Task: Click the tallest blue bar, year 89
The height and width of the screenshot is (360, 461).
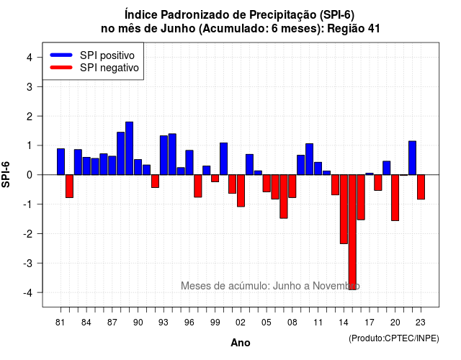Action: [x=130, y=148]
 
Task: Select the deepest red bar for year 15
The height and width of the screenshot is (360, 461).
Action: [x=352, y=232]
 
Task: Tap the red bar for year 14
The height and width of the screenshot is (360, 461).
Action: [x=344, y=210]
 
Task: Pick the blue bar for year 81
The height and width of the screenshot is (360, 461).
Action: [x=61, y=161]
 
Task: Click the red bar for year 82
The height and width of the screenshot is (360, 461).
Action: [x=69, y=186]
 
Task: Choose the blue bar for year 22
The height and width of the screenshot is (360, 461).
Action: [x=412, y=158]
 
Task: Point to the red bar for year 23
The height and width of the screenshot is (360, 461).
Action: [x=421, y=187]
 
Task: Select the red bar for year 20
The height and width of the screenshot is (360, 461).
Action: [x=395, y=197]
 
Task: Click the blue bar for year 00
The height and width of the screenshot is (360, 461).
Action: [x=224, y=158]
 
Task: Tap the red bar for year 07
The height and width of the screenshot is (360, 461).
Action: [x=284, y=197]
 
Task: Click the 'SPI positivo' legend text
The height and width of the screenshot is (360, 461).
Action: [x=107, y=55]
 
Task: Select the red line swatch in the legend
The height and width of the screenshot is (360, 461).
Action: [x=61, y=68]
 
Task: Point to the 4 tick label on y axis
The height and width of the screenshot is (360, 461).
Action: [x=30, y=58]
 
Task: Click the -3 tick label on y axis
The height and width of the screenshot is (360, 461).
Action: [x=27, y=263]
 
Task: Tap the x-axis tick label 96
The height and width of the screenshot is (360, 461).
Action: [x=189, y=323]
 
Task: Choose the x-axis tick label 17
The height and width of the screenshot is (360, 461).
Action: [x=370, y=323]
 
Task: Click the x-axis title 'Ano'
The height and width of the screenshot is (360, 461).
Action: [x=241, y=343]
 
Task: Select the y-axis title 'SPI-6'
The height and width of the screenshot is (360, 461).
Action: [x=6, y=174]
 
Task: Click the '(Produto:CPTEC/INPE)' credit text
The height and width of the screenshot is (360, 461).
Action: [x=394, y=338]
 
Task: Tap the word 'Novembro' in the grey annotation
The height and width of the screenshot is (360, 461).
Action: [x=336, y=286]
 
